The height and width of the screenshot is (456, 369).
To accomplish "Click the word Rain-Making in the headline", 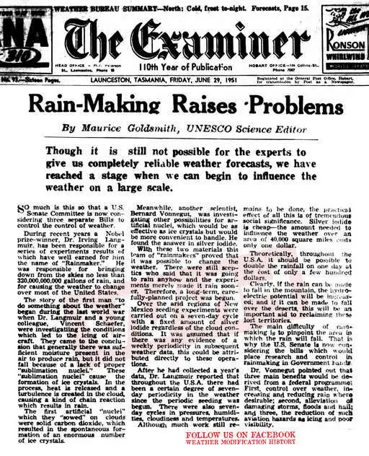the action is [106, 101].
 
